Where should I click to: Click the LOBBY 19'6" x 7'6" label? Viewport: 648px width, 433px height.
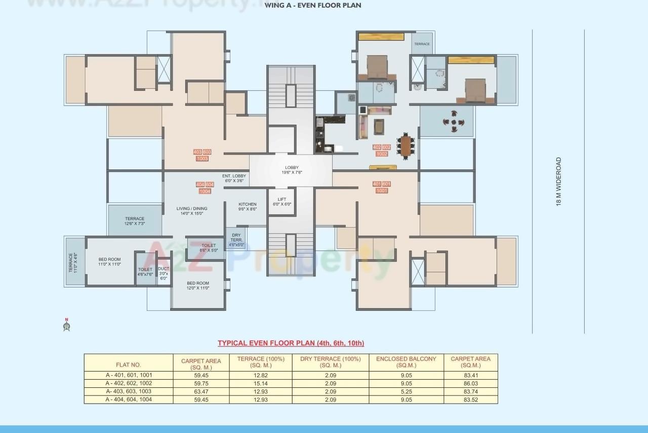click(292, 170)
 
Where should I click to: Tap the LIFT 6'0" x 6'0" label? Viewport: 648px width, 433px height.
click(282, 202)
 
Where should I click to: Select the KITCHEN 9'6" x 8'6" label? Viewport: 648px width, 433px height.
click(248, 206)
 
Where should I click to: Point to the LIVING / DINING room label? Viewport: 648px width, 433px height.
click(192, 211)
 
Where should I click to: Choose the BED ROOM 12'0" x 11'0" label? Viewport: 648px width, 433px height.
click(198, 285)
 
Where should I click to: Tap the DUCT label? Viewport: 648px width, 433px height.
click(164, 273)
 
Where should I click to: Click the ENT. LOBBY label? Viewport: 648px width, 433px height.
click(233, 178)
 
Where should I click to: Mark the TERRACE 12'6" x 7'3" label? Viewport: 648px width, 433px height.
click(135, 221)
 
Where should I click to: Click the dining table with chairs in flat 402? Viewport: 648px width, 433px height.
click(406, 146)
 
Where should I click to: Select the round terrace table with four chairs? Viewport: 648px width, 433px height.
click(454, 122)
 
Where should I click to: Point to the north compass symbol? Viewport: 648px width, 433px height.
click(66, 325)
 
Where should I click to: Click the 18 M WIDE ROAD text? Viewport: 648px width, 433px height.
click(559, 182)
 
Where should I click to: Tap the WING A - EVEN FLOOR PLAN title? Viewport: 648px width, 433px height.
click(313, 6)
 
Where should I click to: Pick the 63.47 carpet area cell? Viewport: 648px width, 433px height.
click(201, 391)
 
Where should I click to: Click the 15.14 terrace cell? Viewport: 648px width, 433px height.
click(261, 383)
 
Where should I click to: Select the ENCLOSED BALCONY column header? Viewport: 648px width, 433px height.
click(406, 362)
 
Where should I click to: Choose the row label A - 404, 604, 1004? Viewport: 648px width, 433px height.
click(129, 400)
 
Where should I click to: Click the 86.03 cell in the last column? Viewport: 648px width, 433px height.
click(470, 383)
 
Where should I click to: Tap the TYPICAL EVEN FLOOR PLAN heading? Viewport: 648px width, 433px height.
click(291, 343)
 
